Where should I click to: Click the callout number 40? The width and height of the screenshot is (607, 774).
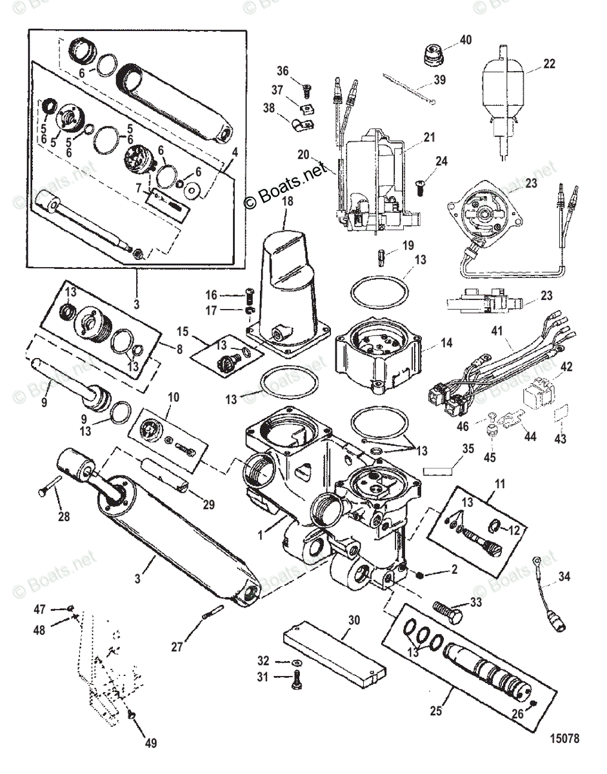click(465, 40)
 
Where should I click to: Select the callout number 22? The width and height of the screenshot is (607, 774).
click(548, 64)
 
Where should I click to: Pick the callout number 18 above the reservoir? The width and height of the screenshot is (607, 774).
click(287, 201)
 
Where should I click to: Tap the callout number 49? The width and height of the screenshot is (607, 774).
click(150, 743)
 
